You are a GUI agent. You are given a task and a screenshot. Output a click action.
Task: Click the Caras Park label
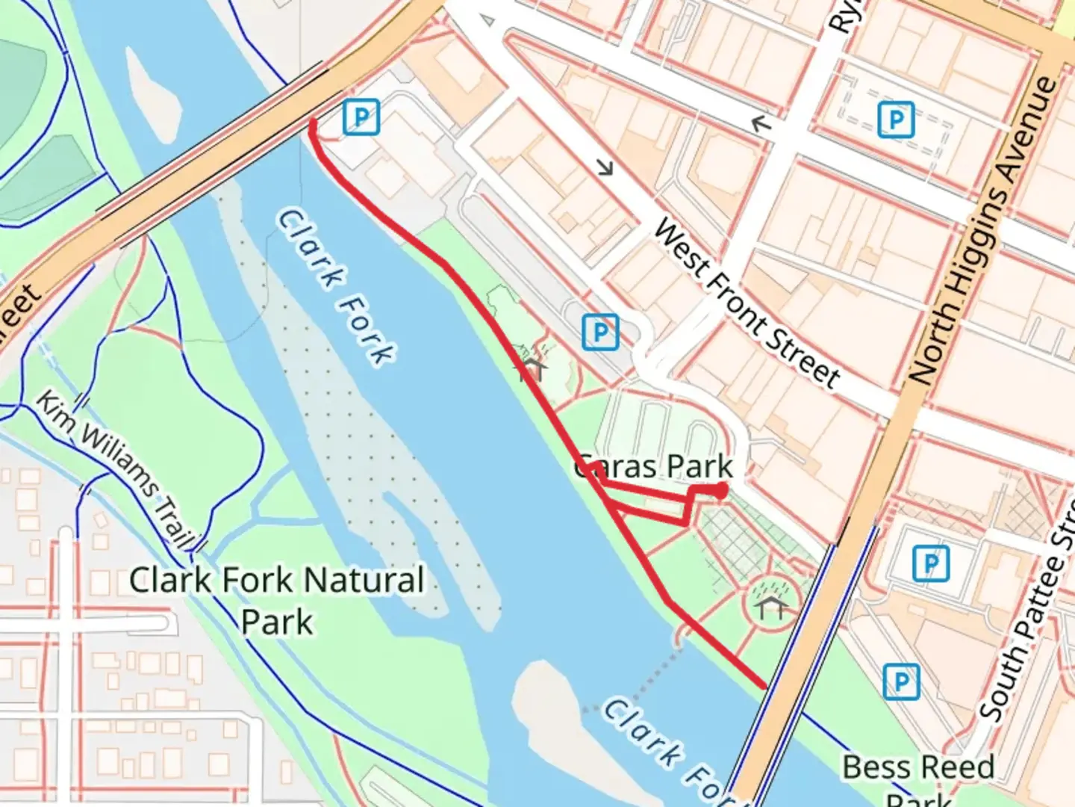click(654, 467)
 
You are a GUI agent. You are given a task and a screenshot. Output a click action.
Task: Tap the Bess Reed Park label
click(918, 777)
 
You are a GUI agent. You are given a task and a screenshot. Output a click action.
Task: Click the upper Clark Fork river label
click(336, 288)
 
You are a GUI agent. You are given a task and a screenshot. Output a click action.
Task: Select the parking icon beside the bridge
click(361, 117)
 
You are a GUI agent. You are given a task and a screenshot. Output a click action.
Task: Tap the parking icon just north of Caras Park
click(600, 331)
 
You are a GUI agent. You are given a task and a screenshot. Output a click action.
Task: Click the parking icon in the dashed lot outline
click(896, 119)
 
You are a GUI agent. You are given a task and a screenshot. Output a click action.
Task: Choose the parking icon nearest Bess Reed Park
click(900, 681)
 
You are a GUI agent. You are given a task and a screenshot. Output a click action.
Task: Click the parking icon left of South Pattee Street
click(930, 563)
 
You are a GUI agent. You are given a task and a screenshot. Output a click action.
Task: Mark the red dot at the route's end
click(720, 491)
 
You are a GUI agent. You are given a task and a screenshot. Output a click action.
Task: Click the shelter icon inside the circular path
click(771, 607)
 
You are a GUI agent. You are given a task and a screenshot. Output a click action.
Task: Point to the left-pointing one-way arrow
click(760, 123)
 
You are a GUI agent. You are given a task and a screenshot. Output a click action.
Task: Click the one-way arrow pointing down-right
click(605, 167)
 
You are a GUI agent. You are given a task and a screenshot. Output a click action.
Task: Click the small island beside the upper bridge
click(153, 93)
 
